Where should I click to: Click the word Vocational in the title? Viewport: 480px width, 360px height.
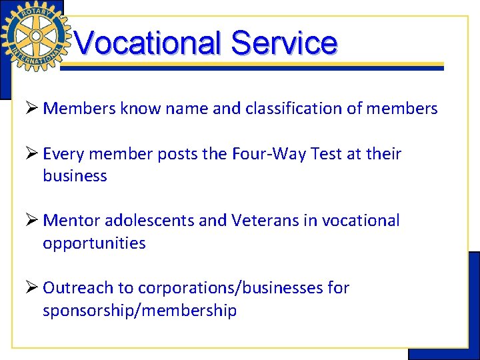click(147, 43)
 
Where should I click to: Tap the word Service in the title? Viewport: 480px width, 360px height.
click(284, 43)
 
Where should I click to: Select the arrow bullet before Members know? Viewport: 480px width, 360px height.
click(31, 108)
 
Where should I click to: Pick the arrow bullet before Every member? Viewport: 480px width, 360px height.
click(31, 154)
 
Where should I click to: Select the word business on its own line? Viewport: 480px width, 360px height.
click(75, 176)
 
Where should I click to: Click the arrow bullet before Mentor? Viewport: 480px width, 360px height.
click(31, 221)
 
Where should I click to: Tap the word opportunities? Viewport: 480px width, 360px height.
click(94, 243)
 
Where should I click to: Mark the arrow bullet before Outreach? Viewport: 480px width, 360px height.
click(31, 288)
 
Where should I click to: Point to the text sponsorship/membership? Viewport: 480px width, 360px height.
click(139, 311)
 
